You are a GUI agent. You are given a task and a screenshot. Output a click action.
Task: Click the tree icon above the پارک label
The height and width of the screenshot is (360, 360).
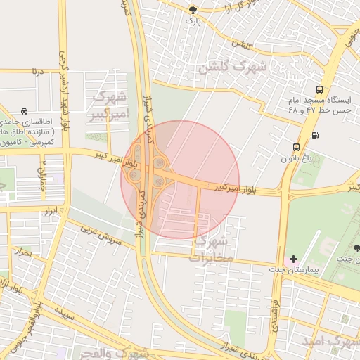pos(194,9)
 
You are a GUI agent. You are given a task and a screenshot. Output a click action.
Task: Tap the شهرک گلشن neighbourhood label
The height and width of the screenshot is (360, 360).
pos(233,67)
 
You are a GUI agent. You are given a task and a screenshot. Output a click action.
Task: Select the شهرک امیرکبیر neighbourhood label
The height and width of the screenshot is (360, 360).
pos(111,104)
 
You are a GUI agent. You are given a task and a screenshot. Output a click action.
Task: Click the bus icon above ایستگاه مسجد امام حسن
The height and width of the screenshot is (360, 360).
pos(320,89)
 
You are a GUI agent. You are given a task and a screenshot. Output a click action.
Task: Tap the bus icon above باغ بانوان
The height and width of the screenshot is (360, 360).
pos(297,147)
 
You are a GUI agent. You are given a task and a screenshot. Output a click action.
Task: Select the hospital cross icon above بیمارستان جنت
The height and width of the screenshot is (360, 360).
pos(293,259)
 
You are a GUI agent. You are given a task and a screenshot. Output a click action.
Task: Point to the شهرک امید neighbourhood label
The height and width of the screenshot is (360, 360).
pos(330,340)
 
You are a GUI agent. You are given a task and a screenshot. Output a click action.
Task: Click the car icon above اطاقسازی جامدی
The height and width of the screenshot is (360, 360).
pos(25,112)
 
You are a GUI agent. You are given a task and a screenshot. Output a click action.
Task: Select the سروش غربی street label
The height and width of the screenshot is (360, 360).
pos(101,235)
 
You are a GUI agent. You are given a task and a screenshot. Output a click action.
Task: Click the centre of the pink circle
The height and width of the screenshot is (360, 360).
pos(180,179)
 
